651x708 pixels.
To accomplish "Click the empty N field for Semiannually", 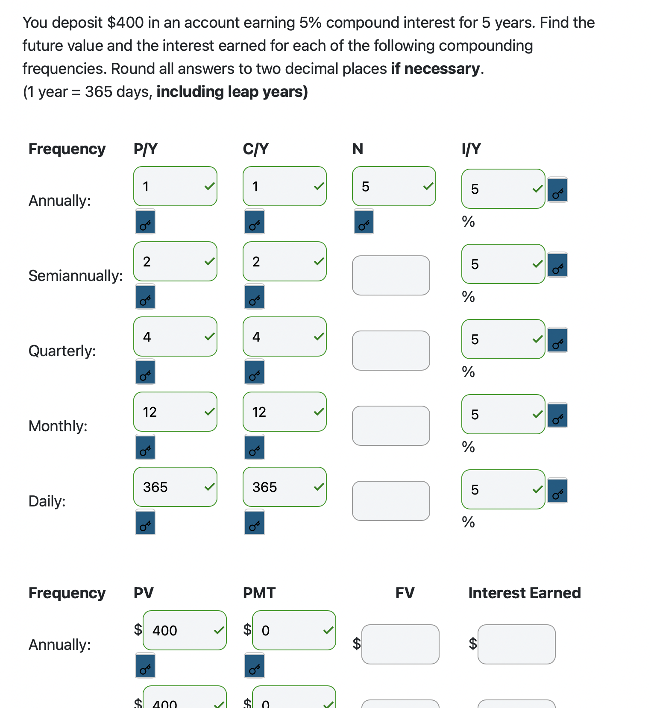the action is pyautogui.click(x=391, y=275).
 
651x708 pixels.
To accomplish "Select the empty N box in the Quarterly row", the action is pyautogui.click(x=391, y=351).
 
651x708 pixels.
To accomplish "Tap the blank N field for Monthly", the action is pyautogui.click(x=391, y=426).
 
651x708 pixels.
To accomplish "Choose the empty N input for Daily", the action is pyautogui.click(x=391, y=501).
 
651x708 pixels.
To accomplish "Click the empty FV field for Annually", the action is pyautogui.click(x=400, y=644).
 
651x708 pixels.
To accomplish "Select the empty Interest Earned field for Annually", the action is pyautogui.click(x=516, y=644).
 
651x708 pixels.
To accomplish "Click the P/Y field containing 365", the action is pyautogui.click(x=175, y=487).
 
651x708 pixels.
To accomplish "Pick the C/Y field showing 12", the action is pyautogui.click(x=284, y=412).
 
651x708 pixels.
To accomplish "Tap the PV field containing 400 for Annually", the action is pyautogui.click(x=185, y=630).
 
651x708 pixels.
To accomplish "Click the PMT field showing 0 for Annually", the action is pyautogui.click(x=294, y=630).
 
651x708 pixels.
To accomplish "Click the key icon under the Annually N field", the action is pyautogui.click(x=364, y=222).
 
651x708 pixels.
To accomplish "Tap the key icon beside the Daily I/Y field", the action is pyautogui.click(x=557, y=491).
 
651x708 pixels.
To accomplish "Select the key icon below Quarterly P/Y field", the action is pyautogui.click(x=145, y=372).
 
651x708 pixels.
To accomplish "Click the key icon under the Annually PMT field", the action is pyautogui.click(x=255, y=666).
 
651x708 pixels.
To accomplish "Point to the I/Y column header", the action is pyautogui.click(x=471, y=149).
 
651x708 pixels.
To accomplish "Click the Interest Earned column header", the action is pyautogui.click(x=525, y=593).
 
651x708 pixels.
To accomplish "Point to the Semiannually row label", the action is pyautogui.click(x=76, y=276).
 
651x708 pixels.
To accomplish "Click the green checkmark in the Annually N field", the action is pyautogui.click(x=428, y=186).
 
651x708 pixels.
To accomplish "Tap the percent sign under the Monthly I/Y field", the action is pyautogui.click(x=469, y=447).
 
